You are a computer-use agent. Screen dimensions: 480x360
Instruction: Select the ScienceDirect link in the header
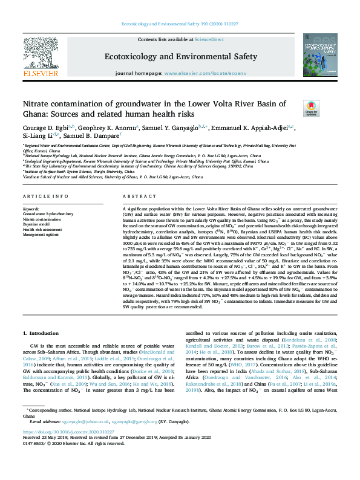(x=210, y=39)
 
